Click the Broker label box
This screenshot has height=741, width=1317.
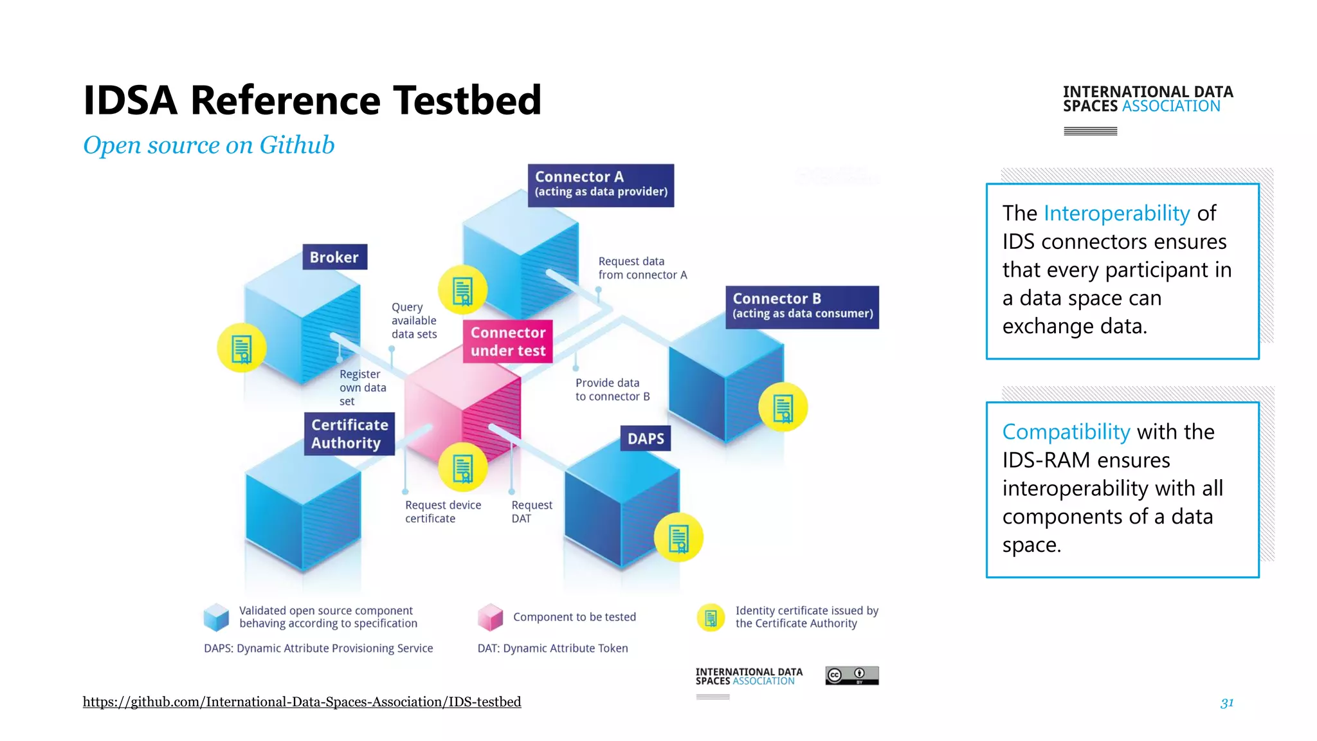coord(334,257)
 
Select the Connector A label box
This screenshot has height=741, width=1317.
coord(601,185)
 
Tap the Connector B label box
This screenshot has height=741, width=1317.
coord(802,307)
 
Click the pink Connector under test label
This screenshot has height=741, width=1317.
coord(507,342)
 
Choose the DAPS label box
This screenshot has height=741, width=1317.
coord(645,438)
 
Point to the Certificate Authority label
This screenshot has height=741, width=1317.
coord(349,434)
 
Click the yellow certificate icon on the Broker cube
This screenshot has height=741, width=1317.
coord(241,348)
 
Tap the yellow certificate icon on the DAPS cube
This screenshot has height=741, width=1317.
coord(678,538)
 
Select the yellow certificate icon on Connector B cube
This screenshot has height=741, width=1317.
coord(783,407)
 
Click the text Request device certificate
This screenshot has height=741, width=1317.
coord(442,511)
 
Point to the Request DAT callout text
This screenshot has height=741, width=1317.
coord(531,511)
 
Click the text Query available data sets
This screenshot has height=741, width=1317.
coord(413,320)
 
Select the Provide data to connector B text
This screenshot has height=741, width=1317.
coord(612,389)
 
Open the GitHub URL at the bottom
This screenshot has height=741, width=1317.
coord(302,702)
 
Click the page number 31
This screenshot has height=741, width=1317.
coord(1226,702)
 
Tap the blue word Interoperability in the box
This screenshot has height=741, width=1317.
coord(1116,213)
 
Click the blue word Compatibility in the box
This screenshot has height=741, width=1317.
coord(1066,432)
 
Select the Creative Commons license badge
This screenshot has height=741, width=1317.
coord(851,675)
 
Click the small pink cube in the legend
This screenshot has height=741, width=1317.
coord(490,617)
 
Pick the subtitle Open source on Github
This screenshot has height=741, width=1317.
coord(208,145)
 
